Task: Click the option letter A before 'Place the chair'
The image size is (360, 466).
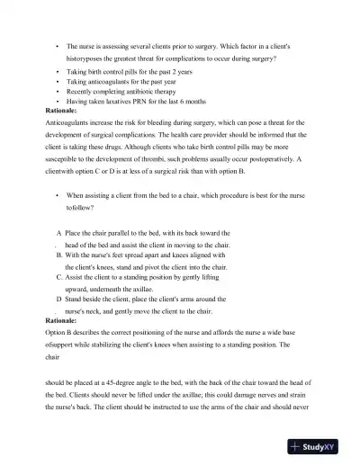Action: coord(59,233)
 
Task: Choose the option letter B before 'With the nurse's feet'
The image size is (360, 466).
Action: coord(58,255)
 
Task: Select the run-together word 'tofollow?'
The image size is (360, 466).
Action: coord(83,205)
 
